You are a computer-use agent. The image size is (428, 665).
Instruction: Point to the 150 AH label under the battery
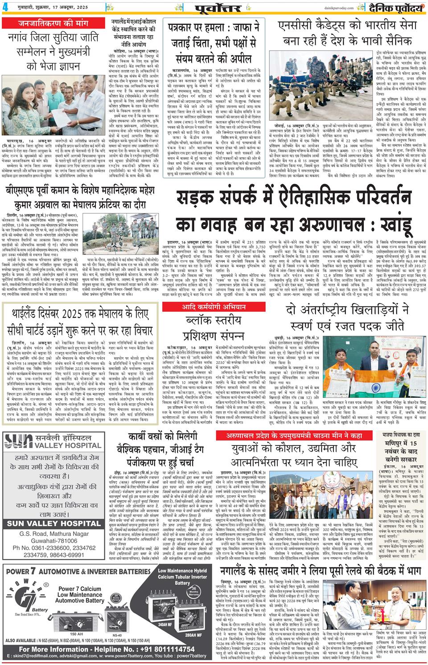click(x=76, y=634)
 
